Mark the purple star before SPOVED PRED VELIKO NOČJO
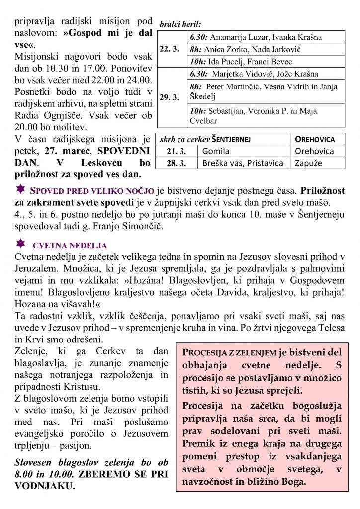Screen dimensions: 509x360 point(20,189)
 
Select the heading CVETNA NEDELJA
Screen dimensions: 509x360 point(70,246)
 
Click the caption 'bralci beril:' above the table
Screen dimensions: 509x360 point(180,24)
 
